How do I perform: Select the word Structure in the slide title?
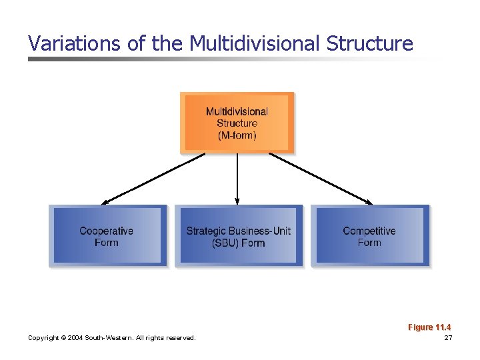pyautogui.click(x=369, y=44)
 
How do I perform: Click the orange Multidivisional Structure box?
pyautogui.click(x=237, y=123)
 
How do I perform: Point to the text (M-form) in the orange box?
pyautogui.click(x=237, y=135)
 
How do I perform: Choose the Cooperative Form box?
pyautogui.click(x=107, y=236)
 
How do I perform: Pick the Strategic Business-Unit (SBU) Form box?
pyautogui.click(x=238, y=236)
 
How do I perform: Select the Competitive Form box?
pyautogui.click(x=369, y=236)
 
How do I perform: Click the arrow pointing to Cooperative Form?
pyautogui.click(x=153, y=178)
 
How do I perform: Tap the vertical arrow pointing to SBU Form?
pyautogui.click(x=237, y=179)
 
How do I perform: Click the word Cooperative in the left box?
pyautogui.click(x=107, y=231)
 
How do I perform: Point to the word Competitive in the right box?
pyautogui.click(x=369, y=231)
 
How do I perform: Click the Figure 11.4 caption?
pyautogui.click(x=429, y=327)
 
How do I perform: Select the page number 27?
pyautogui.click(x=448, y=338)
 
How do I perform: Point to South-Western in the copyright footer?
pyautogui.click(x=109, y=338)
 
